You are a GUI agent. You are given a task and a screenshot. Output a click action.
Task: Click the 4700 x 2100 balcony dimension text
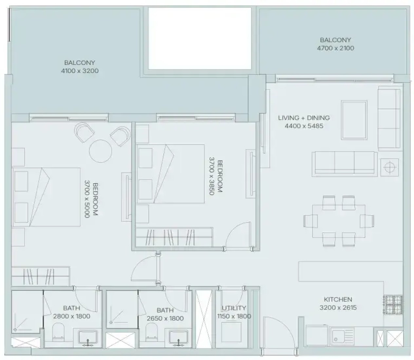[335, 48]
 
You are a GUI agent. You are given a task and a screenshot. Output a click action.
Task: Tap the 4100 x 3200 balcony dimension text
[80, 71]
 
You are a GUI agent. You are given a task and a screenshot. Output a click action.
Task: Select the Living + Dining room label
[304, 117]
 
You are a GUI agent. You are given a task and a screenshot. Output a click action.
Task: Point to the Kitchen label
[338, 299]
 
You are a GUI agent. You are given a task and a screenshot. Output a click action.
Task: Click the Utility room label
[234, 308]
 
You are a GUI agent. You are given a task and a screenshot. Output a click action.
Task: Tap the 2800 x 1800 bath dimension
[72, 316]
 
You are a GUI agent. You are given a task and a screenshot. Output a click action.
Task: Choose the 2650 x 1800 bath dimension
[165, 318]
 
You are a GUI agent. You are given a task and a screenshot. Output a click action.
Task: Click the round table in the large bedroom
[101, 151]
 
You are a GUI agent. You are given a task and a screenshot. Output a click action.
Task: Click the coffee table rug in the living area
[354, 120]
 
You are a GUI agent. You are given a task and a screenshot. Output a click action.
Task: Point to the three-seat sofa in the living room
[344, 164]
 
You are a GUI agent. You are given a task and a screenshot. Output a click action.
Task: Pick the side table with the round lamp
[389, 167]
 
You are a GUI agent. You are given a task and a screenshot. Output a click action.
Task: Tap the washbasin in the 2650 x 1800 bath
[178, 338]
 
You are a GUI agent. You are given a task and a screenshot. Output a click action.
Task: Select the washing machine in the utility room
[231, 332]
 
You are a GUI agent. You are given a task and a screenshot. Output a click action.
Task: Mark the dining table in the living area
[339, 221]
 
